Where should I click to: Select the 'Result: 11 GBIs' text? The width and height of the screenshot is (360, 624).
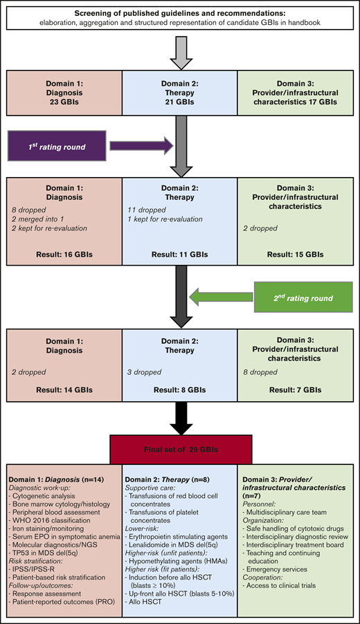179,255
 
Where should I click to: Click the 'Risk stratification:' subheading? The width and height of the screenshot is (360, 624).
35,565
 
